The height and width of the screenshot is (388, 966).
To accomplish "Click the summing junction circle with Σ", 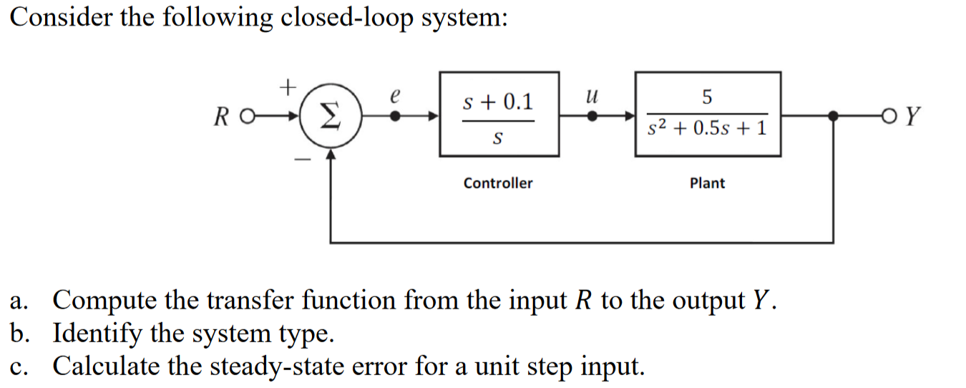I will click(329, 116).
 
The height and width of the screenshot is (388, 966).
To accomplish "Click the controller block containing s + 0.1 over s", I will click(499, 115).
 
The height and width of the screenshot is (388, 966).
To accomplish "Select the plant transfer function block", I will click(708, 115).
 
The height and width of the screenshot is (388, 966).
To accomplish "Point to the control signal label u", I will click(591, 94).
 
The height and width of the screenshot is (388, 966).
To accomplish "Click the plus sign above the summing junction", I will click(287, 88).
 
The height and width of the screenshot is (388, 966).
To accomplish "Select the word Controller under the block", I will click(498, 183).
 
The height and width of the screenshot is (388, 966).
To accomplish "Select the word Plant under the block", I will click(707, 183).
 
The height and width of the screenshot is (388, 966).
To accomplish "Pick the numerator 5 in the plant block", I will click(708, 95).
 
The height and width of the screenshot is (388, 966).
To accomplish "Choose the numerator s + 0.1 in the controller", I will click(498, 102).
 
